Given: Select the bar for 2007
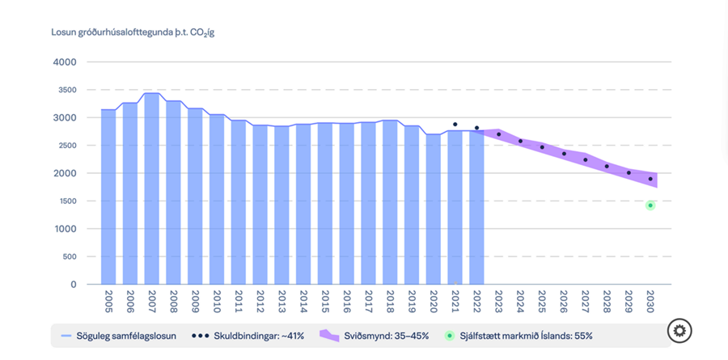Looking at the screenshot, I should [x=151, y=190].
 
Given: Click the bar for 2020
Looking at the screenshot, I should [x=433, y=210].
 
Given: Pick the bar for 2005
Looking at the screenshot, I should [x=108, y=198].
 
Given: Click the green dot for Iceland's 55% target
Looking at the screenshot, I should [x=650, y=205].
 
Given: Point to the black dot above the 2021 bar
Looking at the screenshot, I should [x=455, y=125].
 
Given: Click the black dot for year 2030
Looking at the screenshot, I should [x=650, y=179].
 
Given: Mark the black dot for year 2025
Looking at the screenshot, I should [x=542, y=147].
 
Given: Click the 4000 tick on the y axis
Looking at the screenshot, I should [x=64, y=62].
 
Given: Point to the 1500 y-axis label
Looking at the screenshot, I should [x=64, y=201].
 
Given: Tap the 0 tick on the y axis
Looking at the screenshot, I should [x=73, y=285].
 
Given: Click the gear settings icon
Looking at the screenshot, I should [x=679, y=330].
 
